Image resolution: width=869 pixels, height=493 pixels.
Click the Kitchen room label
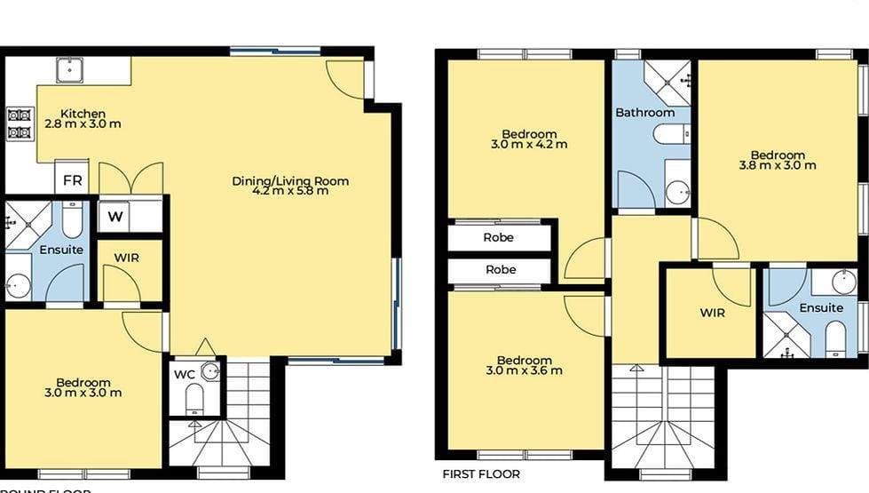(x=83, y=114)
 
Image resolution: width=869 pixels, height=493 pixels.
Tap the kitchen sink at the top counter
(x=69, y=69)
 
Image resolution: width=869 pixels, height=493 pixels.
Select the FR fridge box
(x=73, y=180)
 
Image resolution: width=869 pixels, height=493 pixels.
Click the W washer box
(x=115, y=216)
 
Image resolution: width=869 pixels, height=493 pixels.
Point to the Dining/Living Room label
(x=290, y=181)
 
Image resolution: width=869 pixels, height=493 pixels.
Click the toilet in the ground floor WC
(x=195, y=400)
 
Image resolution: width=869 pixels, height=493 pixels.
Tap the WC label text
(x=184, y=374)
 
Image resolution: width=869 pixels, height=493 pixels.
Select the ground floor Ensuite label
(x=61, y=250)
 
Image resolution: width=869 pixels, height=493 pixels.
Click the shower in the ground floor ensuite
(x=21, y=222)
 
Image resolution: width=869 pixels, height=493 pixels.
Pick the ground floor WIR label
(x=128, y=258)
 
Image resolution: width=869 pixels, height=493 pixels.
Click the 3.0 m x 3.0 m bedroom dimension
(x=83, y=392)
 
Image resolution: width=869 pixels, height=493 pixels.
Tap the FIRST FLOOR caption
(x=481, y=474)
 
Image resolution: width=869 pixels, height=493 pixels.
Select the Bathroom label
(x=644, y=113)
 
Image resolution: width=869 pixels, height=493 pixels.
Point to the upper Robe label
(x=500, y=237)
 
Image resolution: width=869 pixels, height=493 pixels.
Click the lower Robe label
(x=500, y=269)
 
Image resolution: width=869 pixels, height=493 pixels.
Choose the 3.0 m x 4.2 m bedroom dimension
(x=528, y=144)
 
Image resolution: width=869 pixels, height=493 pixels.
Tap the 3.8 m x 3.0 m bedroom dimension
(x=777, y=165)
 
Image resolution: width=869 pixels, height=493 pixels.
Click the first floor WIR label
(x=712, y=313)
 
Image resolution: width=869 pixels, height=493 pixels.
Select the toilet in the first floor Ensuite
(x=835, y=338)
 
